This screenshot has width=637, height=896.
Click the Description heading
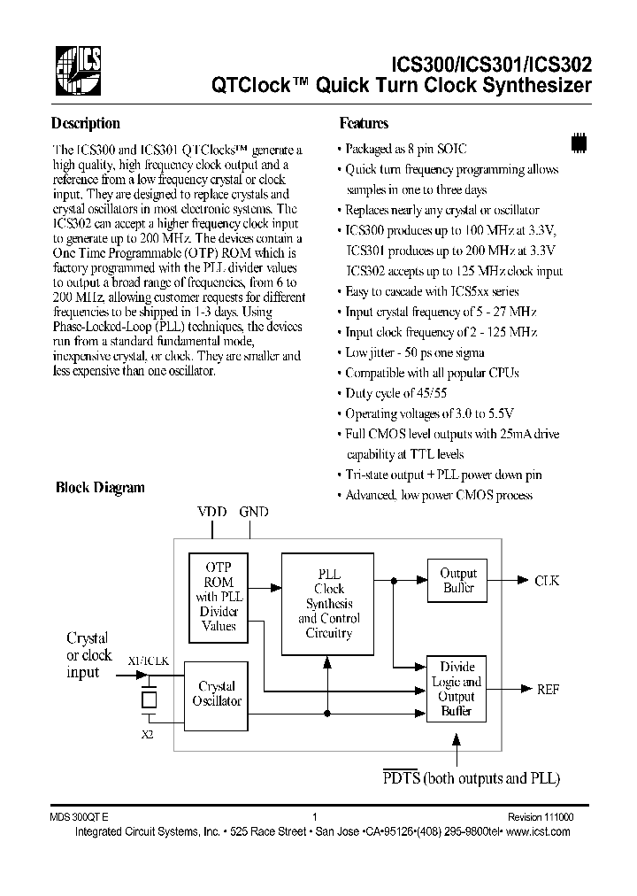tap(85, 124)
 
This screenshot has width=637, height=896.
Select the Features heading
tap(364, 124)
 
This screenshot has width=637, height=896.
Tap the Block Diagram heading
tap(100, 487)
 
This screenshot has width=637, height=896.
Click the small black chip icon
tap(579, 141)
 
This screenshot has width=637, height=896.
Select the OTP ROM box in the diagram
tap(219, 598)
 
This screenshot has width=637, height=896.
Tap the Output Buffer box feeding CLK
tap(457, 580)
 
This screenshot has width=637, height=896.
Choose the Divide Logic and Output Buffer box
tap(457, 688)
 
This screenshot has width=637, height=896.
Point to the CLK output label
tap(546, 581)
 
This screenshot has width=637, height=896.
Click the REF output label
tap(548, 688)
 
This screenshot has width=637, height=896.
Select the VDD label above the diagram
tap(212, 512)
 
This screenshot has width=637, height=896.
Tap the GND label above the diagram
tap(253, 512)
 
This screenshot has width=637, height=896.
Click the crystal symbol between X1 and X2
tap(150, 699)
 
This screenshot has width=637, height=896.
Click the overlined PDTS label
tap(401, 778)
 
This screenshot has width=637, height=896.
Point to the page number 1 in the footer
tap(315, 819)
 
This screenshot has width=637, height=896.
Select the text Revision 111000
tap(539, 819)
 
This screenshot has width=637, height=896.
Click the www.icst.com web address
tap(540, 832)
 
